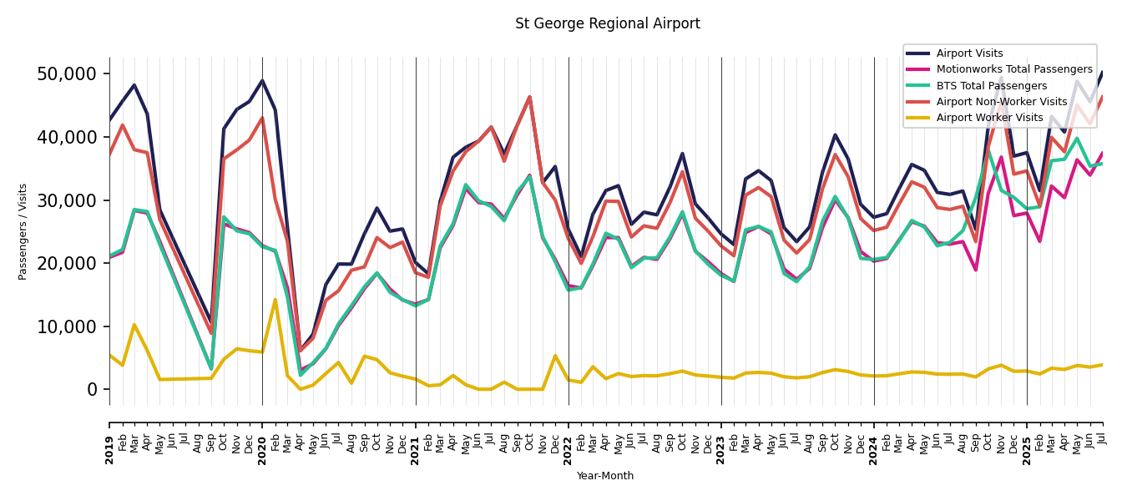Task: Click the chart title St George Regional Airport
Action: (x=607, y=24)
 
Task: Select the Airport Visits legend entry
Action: (x=969, y=53)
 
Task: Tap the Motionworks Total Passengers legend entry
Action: (x=1013, y=69)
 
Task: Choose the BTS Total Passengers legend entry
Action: (x=991, y=86)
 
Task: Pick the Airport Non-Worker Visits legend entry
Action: (x=1001, y=102)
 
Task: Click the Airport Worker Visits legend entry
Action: (x=989, y=118)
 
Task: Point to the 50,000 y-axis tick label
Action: (x=67, y=74)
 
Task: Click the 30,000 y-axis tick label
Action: (x=67, y=200)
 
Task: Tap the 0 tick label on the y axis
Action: (x=92, y=390)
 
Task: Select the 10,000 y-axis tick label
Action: (x=67, y=326)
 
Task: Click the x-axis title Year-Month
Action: (x=605, y=476)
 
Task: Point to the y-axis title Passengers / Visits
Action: (x=23, y=231)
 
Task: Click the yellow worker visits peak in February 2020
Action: (x=275, y=300)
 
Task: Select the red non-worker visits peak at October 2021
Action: (x=529, y=97)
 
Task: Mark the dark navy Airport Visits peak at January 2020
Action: (x=262, y=81)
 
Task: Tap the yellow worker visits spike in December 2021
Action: (x=555, y=356)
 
